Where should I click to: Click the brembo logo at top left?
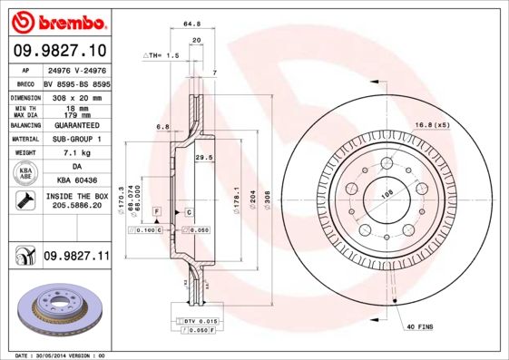tap(59, 20)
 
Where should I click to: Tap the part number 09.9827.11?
tap(76, 258)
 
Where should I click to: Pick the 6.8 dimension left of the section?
tap(163, 127)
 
